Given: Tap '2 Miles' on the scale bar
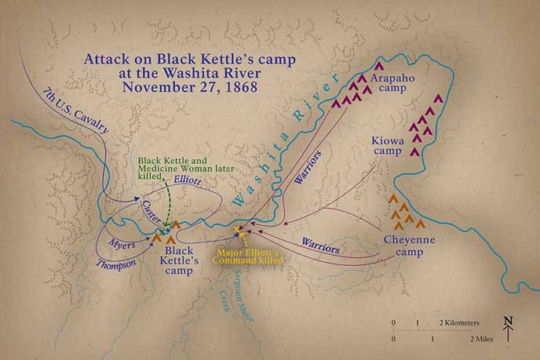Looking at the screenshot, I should coord(481,338).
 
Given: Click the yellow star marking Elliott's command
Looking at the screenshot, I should coord(239,231).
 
